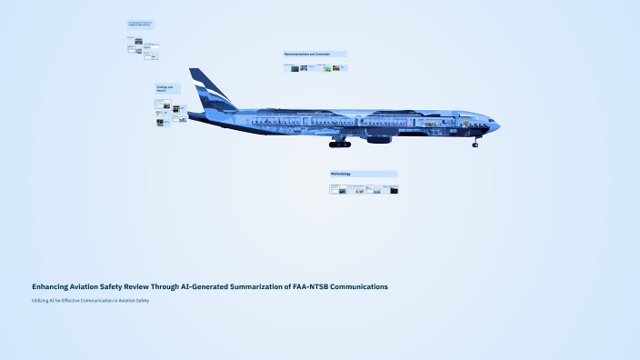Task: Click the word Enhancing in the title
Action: pyautogui.click(x=53, y=286)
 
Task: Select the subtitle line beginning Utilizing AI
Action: pyautogui.click(x=90, y=300)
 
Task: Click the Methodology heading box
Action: pyautogui.click(x=363, y=174)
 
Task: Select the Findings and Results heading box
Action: pyautogui.click(x=167, y=89)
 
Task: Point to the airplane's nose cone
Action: pyautogui.click(x=496, y=125)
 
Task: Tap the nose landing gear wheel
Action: pyautogui.click(x=475, y=144)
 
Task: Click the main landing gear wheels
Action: pyautogui.click(x=339, y=144)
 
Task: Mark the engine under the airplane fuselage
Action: pyautogui.click(x=379, y=139)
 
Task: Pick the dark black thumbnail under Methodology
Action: pyautogui.click(x=394, y=190)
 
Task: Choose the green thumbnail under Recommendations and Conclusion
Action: pyautogui.click(x=327, y=68)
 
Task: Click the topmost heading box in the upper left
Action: pyautogui.click(x=140, y=24)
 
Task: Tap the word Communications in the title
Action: pyautogui.click(x=359, y=286)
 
